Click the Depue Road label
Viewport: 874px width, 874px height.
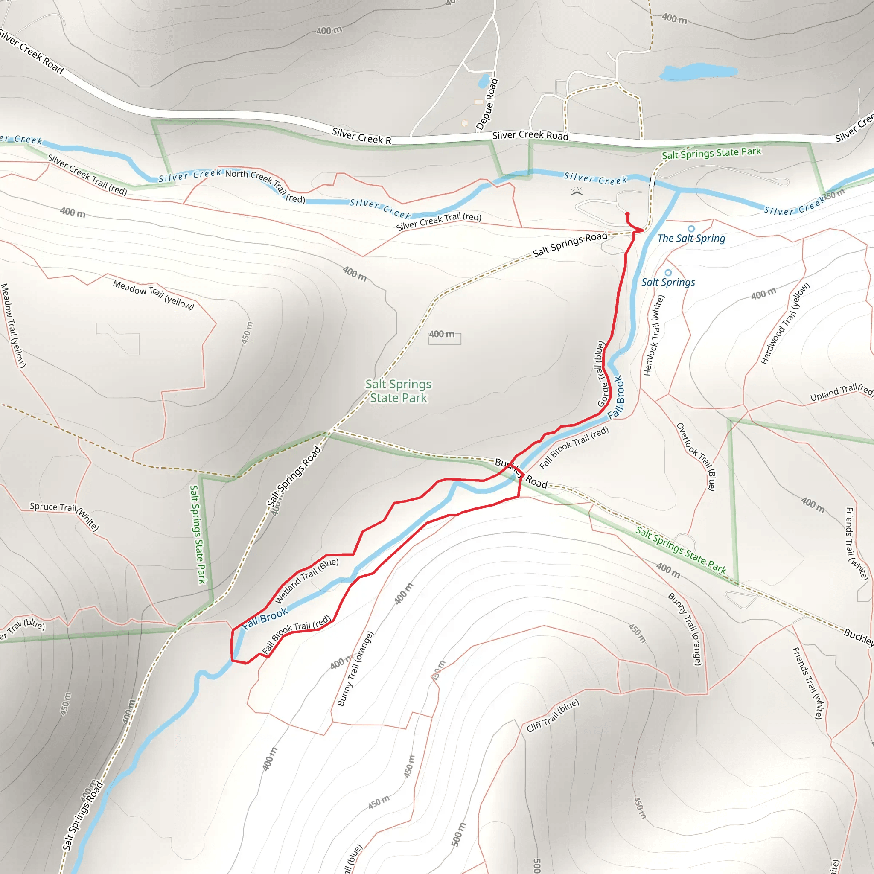[x=487, y=104]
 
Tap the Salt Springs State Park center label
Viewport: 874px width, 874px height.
[x=398, y=391]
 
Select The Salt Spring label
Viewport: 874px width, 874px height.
[x=691, y=239]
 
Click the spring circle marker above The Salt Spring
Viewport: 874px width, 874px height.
[x=691, y=229]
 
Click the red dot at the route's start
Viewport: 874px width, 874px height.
[x=627, y=214]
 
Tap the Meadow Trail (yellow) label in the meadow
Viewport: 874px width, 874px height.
[x=153, y=294]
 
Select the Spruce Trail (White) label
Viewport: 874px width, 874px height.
[x=64, y=516]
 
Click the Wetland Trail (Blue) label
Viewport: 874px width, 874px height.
[x=307, y=581]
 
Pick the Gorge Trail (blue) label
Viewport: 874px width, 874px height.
[x=601, y=375]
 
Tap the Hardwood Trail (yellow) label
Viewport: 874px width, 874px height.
[x=784, y=323]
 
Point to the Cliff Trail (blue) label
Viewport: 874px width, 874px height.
[x=552, y=715]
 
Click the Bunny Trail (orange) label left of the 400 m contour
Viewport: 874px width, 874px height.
[x=355, y=669]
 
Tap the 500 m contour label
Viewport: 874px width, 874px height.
[x=458, y=834]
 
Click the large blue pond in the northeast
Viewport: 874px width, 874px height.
[x=698, y=71]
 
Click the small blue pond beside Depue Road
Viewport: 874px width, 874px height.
[x=483, y=81]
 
